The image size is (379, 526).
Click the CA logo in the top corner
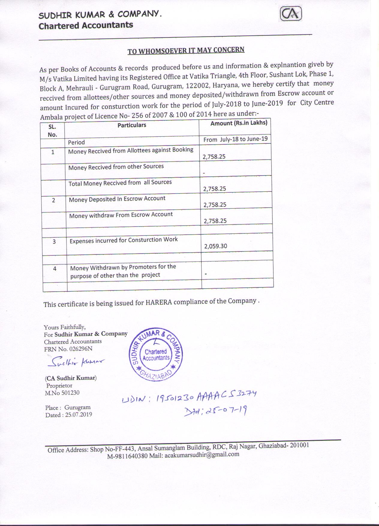point(291,14)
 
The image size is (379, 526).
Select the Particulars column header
point(132,125)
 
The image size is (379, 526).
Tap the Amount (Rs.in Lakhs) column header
point(239,123)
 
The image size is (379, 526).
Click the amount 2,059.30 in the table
point(216,246)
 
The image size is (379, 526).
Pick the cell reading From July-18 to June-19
point(235,140)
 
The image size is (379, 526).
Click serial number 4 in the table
point(55,269)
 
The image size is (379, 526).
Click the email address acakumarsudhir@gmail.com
point(202,454)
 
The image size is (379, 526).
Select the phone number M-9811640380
point(127,456)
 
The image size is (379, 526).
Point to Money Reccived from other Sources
point(116,167)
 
